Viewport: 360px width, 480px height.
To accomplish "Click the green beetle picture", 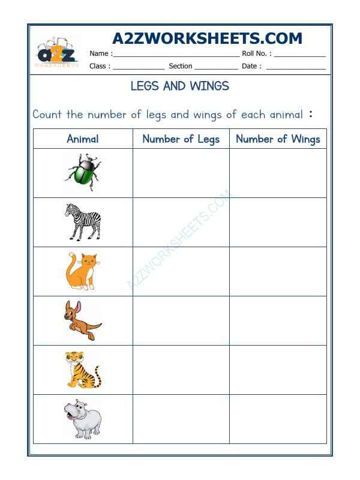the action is tap(82, 172).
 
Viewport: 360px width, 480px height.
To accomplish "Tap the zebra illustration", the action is tap(82, 222).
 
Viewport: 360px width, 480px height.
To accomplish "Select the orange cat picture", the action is tap(82, 271).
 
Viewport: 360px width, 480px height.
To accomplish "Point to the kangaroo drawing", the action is tap(82, 320).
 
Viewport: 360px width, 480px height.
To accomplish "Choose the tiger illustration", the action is tap(82, 370).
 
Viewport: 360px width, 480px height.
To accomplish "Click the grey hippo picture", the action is tap(82, 418).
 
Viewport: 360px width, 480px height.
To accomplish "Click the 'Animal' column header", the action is tap(82, 139).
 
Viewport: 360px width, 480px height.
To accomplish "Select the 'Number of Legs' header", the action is tap(181, 139).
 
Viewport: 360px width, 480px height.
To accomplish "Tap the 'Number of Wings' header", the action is tap(278, 139).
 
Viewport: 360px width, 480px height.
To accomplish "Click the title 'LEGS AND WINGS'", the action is tap(179, 86).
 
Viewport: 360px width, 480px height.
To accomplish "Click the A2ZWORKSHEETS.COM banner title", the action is tap(207, 39).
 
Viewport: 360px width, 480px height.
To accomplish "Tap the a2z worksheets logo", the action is tap(56, 55).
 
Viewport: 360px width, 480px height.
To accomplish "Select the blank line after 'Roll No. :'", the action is tap(299, 54).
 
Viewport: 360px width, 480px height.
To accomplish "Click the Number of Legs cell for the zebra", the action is tap(181, 222).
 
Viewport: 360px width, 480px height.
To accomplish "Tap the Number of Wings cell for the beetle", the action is tap(278, 172).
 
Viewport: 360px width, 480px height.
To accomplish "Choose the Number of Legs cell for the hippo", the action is tap(181, 418).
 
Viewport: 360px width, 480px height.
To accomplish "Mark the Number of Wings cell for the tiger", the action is tap(278, 370).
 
